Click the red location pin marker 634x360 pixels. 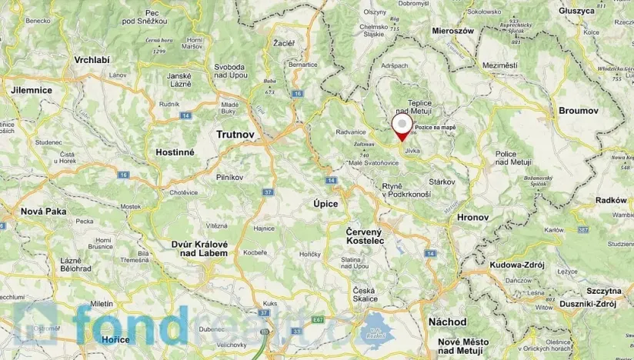402,127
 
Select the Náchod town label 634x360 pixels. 449,322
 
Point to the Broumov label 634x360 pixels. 578,111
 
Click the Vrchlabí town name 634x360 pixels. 92,60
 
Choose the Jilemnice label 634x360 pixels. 32,90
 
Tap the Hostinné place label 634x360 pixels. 175,152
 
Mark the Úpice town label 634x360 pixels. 325,203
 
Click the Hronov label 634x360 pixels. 472,218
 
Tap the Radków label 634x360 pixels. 611,200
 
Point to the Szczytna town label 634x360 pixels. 603,292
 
